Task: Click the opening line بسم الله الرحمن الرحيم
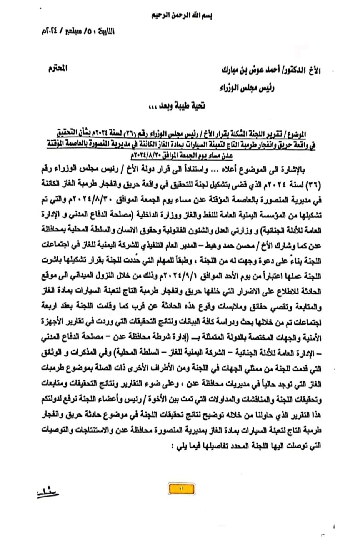tap(180, 16)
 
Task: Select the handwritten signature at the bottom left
tap(48, 494)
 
